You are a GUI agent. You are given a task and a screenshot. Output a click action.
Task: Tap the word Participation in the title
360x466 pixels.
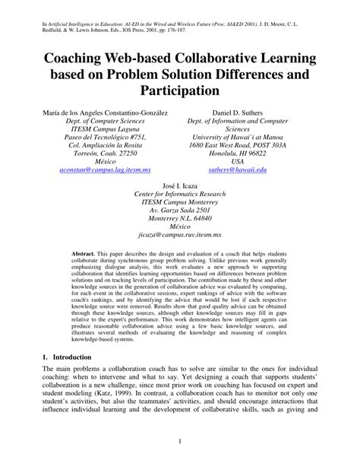(179, 91)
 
